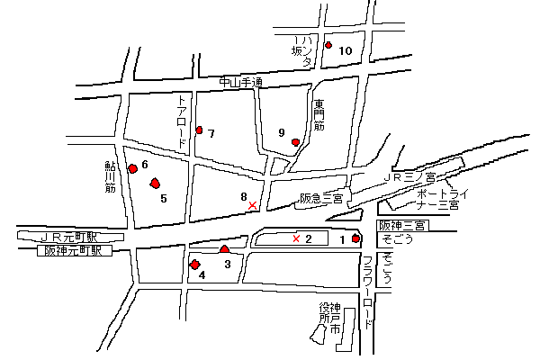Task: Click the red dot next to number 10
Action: click(328, 45)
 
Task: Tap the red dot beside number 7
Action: click(199, 130)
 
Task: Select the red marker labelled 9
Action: click(295, 141)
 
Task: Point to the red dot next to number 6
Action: click(133, 167)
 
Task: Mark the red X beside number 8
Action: click(252, 206)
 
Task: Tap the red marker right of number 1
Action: click(356, 238)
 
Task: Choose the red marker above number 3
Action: click(224, 248)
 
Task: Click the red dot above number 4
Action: click(194, 264)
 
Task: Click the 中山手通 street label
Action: click(240, 83)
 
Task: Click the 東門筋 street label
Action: click(318, 115)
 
